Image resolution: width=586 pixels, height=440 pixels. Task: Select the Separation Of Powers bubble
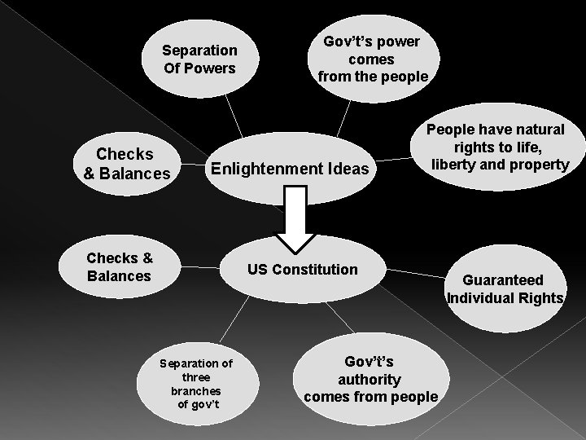(x=199, y=59)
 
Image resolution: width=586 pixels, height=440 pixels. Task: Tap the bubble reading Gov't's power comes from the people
(x=374, y=59)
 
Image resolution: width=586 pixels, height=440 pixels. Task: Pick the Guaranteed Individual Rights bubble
(x=505, y=289)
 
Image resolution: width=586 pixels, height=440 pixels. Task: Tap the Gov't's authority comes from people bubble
(x=371, y=378)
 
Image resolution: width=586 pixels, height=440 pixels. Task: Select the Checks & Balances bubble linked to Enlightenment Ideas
(x=126, y=163)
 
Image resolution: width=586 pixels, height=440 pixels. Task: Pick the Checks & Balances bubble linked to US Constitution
(x=120, y=267)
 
